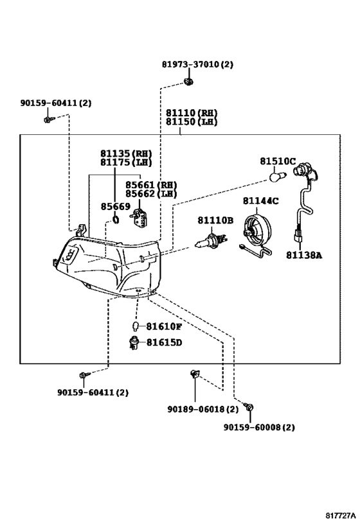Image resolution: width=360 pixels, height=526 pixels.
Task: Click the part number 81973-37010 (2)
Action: click(x=197, y=64)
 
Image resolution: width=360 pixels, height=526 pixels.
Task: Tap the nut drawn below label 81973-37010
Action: click(x=189, y=82)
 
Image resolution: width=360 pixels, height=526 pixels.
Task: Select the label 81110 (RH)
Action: click(x=192, y=113)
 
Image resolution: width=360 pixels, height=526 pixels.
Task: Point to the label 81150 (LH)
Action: click(x=192, y=121)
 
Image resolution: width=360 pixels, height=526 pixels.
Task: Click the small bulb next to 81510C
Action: click(x=278, y=176)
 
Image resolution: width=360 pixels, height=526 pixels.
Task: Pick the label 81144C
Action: click(x=260, y=200)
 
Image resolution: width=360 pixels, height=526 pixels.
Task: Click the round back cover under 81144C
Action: click(x=258, y=232)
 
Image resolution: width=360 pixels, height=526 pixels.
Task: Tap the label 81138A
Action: click(x=304, y=255)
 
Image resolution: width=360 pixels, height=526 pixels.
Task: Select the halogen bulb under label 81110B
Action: click(x=212, y=241)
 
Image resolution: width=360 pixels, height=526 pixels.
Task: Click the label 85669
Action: click(x=116, y=207)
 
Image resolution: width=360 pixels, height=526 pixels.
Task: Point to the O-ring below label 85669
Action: click(x=115, y=220)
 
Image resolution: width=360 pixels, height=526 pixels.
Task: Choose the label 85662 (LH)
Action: click(x=151, y=193)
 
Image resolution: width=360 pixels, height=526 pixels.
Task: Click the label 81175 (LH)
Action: click(x=126, y=162)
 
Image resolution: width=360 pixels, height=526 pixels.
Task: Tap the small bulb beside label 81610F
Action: click(x=136, y=326)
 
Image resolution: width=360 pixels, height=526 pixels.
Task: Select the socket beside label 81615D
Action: click(x=134, y=343)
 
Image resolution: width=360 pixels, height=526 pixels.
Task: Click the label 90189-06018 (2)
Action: click(x=203, y=409)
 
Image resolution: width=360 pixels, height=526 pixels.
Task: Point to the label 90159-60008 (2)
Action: click(x=259, y=427)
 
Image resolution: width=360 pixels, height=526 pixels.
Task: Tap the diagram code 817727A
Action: click(x=340, y=515)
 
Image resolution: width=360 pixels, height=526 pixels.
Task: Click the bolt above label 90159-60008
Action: click(x=249, y=407)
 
